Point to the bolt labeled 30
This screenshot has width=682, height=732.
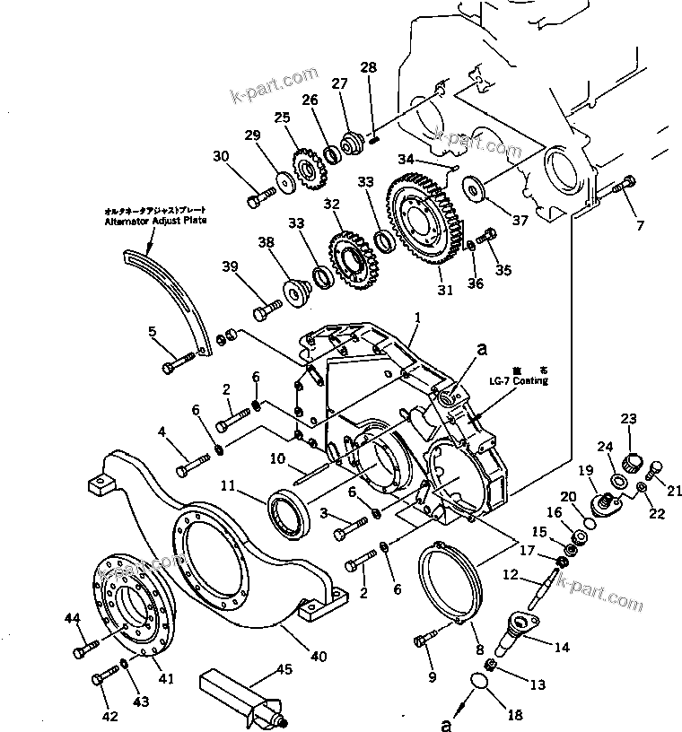point(261,192)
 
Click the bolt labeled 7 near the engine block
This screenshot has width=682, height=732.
point(625,186)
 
